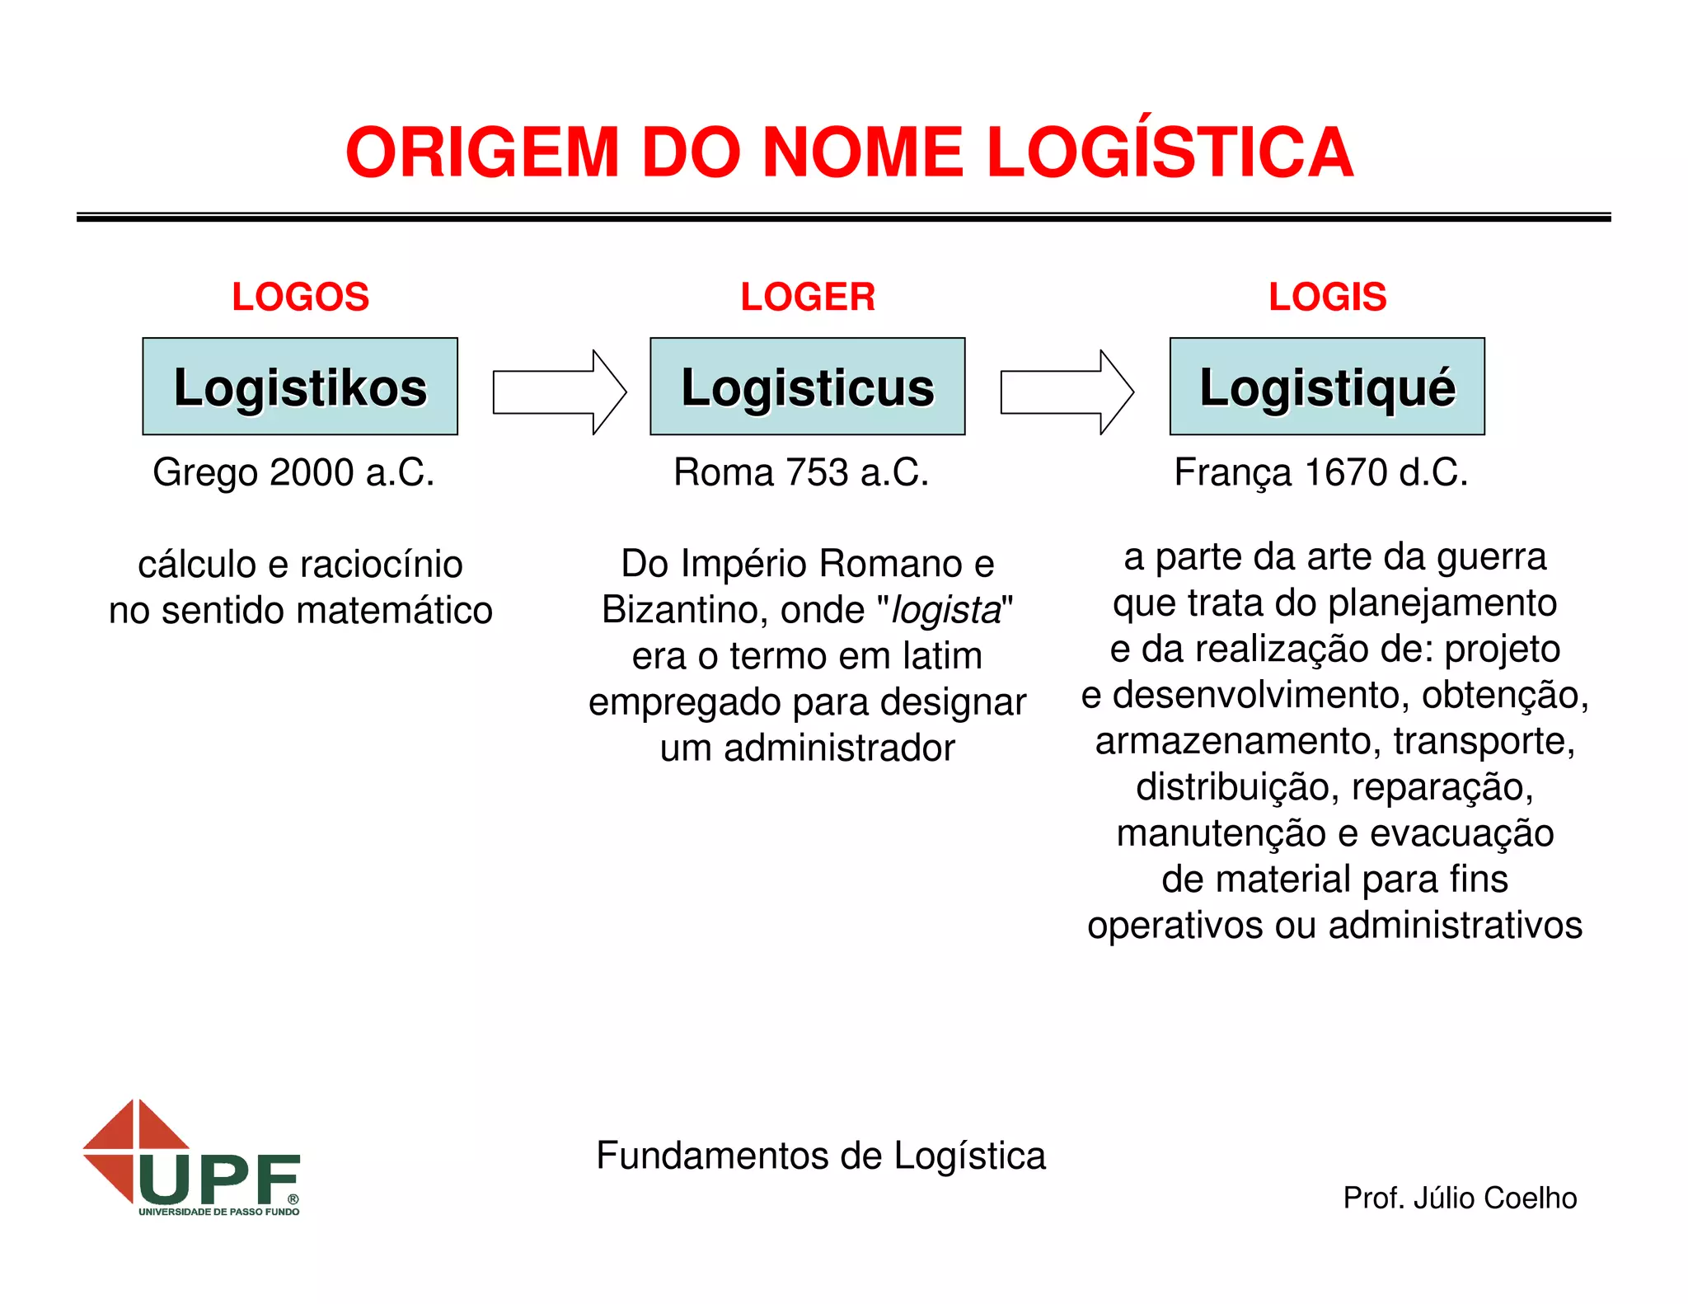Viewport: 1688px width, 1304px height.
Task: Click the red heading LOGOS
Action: tap(300, 297)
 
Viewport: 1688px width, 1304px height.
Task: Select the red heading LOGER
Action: tap(808, 297)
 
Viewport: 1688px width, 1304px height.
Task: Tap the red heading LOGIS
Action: tap(1327, 297)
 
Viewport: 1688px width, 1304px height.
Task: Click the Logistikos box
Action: tap(300, 387)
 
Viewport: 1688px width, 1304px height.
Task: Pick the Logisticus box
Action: tap(808, 387)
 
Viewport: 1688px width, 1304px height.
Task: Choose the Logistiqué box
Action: tap(1327, 387)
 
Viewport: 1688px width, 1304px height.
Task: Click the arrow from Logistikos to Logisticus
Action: tap(559, 392)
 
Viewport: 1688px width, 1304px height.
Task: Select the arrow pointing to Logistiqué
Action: tap(1067, 392)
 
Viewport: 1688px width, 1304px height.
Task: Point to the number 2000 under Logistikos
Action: tap(312, 473)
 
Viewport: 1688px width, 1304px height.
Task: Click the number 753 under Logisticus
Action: tap(817, 473)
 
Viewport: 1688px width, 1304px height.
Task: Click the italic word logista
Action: tap(946, 611)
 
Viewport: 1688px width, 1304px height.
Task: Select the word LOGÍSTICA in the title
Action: tap(1170, 153)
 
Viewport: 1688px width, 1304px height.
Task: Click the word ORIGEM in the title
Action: tap(482, 153)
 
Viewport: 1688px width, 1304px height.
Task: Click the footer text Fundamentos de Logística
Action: tap(821, 1156)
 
